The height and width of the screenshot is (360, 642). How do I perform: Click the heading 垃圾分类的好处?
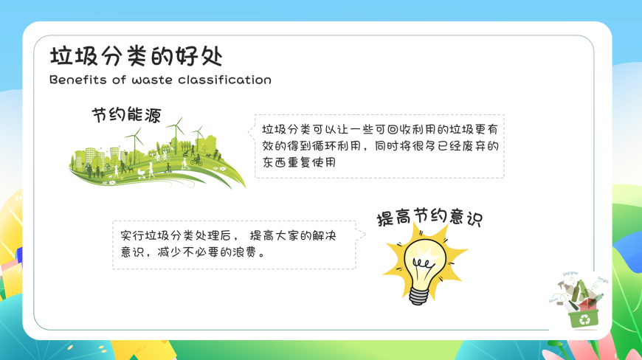pos(137,56)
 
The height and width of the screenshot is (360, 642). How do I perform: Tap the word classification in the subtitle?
pos(224,80)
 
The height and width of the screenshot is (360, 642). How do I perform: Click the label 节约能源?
pos(126,115)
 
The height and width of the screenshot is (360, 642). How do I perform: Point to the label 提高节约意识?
pos(429,217)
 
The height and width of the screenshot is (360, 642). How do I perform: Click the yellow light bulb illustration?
pos(424,265)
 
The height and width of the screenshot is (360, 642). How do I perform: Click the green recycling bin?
pos(584,318)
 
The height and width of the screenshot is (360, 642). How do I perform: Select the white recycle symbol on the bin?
pos(584,319)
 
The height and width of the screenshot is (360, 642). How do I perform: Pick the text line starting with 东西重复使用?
pos(300,162)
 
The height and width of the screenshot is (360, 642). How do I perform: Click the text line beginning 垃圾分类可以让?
pos(380,130)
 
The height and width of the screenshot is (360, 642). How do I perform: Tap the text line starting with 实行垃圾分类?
pos(228,235)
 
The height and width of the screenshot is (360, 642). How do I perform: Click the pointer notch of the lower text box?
pos(361,235)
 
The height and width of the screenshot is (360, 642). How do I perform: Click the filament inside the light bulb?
pos(423,265)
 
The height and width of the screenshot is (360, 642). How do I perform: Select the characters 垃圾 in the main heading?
pos(73,56)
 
